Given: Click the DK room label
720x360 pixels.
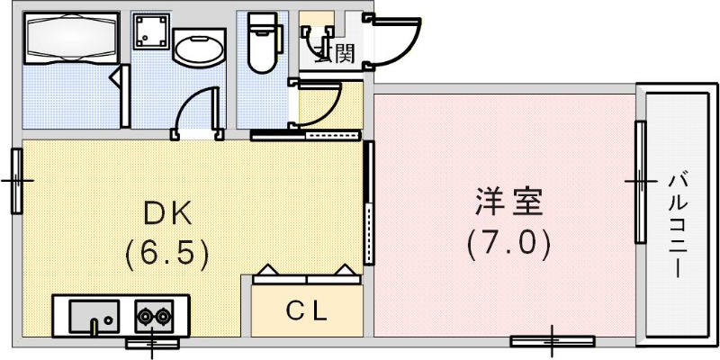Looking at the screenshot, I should click(169, 213).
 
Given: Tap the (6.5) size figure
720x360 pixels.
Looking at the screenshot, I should click(168, 253).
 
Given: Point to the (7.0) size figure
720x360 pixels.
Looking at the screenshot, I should click(508, 242).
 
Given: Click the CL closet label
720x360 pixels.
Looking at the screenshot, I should click(307, 311).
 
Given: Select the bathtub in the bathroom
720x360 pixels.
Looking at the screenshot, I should click(71, 38).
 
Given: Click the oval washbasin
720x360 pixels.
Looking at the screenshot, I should click(193, 49).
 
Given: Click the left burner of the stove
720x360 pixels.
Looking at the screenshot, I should click(144, 317).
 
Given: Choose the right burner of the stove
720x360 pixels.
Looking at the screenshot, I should click(162, 317).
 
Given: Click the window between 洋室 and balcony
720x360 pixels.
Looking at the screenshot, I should click(641, 181).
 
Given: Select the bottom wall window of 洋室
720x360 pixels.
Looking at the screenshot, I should click(552, 340).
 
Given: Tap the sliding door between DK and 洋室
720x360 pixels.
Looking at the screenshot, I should click(368, 202).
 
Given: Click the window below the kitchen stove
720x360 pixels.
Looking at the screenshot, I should click(152, 342).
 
